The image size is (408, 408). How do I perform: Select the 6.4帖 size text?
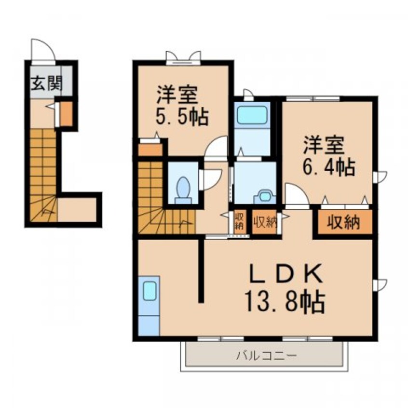(x=329, y=167)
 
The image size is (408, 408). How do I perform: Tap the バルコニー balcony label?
(x=267, y=356)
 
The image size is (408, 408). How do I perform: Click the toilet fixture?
(x=183, y=189)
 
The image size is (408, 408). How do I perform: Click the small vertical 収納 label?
(x=239, y=221)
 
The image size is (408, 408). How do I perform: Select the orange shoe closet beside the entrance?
(x=66, y=113)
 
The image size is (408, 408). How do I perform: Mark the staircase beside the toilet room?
(x=151, y=198)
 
